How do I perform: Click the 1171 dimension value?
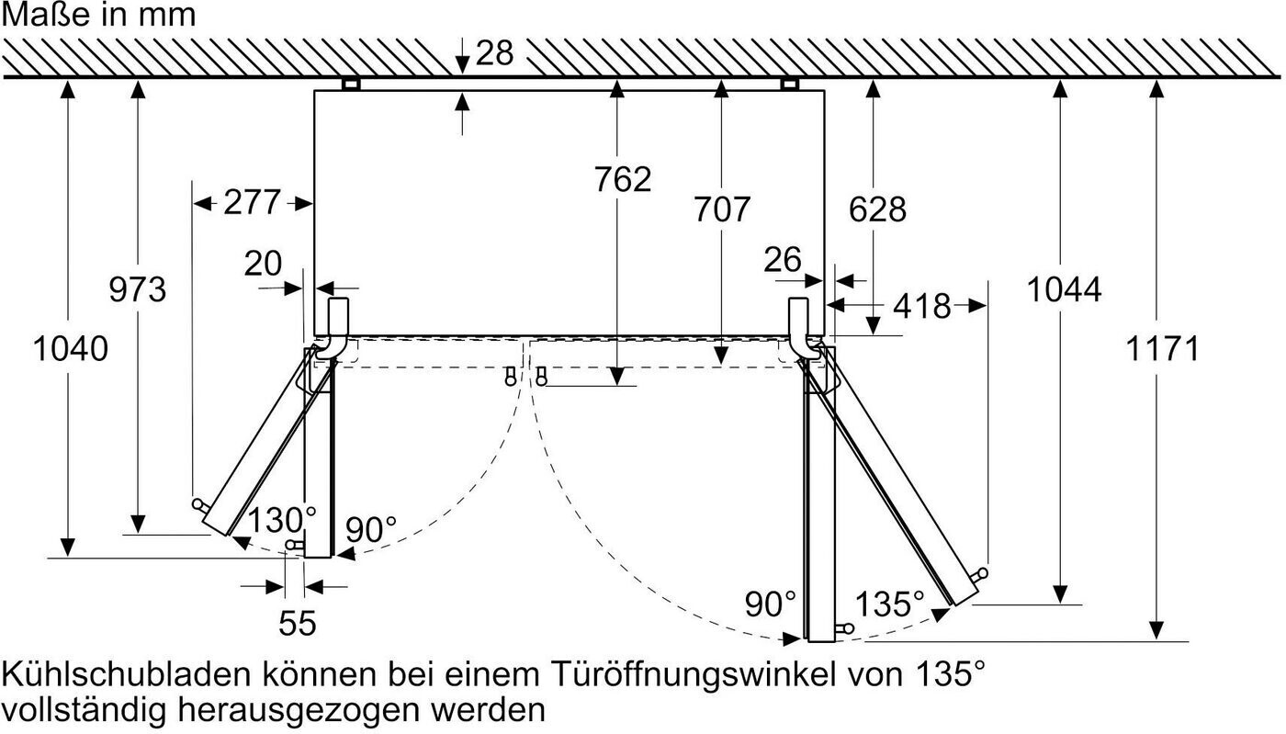[x=1163, y=348]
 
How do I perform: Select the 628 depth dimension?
[x=877, y=209]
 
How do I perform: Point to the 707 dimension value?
[x=722, y=209]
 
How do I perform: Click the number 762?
[x=623, y=179]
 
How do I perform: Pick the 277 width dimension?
[x=252, y=202]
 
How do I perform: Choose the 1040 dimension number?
[x=71, y=348]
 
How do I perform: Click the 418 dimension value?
[x=922, y=306]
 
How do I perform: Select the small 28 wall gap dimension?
[x=494, y=53]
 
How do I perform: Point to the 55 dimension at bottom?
[x=298, y=623]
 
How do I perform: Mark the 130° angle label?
[x=282, y=520]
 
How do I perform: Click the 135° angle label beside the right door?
[x=890, y=604]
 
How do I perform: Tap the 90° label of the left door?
[x=371, y=529]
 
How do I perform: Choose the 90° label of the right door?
[x=771, y=604]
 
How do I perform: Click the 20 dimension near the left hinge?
[x=263, y=264]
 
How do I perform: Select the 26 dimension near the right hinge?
[x=783, y=260]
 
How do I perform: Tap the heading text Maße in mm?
[x=99, y=15]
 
